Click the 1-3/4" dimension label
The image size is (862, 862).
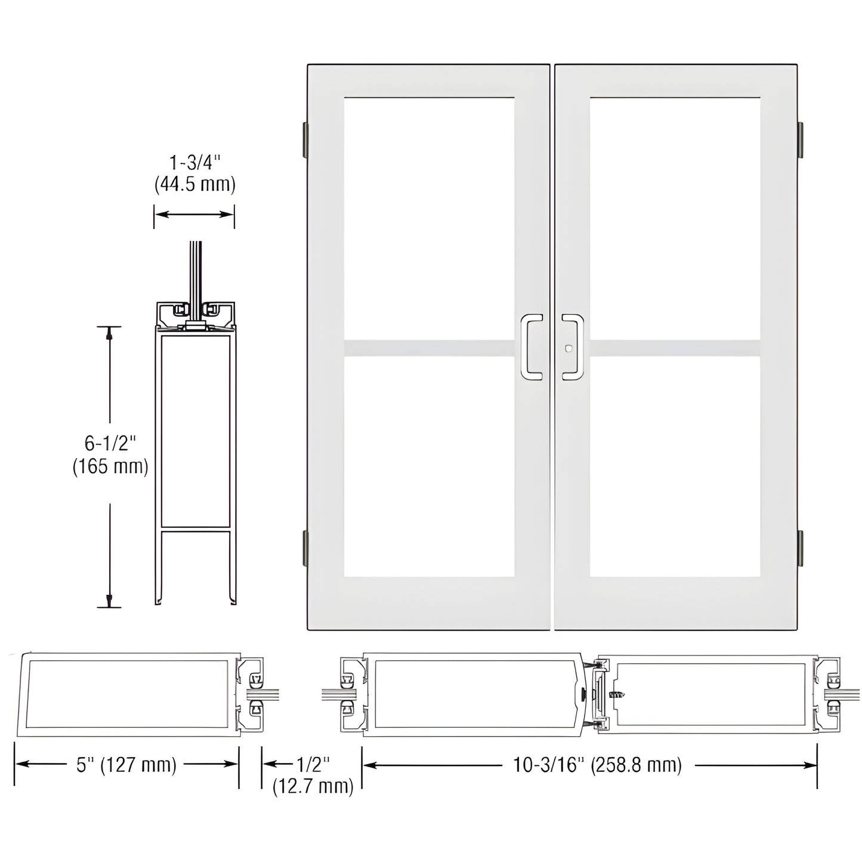tap(195, 163)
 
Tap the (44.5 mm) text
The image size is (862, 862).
tap(195, 184)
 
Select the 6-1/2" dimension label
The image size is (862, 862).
tap(110, 443)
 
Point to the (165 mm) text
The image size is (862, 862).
tap(110, 466)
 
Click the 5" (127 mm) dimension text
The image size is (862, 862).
tap(126, 765)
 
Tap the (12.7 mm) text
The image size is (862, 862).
tap(313, 786)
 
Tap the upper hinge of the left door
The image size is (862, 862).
tap(305, 137)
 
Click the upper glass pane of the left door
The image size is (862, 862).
tap(429, 218)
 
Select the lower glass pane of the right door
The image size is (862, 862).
tap(675, 466)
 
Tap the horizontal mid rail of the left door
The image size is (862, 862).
tap(429, 348)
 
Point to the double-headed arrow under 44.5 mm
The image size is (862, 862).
tap(194, 214)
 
